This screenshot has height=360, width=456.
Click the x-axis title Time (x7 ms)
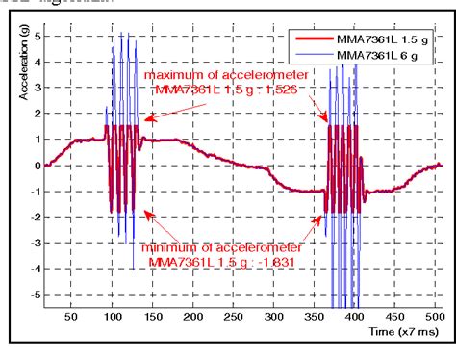pyautogui.click(x=401, y=331)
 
